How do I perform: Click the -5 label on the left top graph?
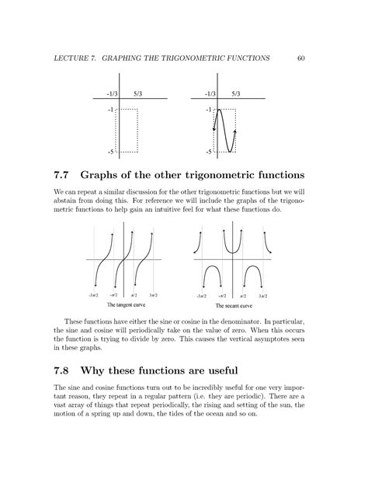(x=111, y=152)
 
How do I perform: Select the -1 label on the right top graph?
(x=209, y=110)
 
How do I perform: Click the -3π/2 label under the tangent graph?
(x=94, y=296)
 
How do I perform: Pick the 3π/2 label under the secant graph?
(x=266, y=296)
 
